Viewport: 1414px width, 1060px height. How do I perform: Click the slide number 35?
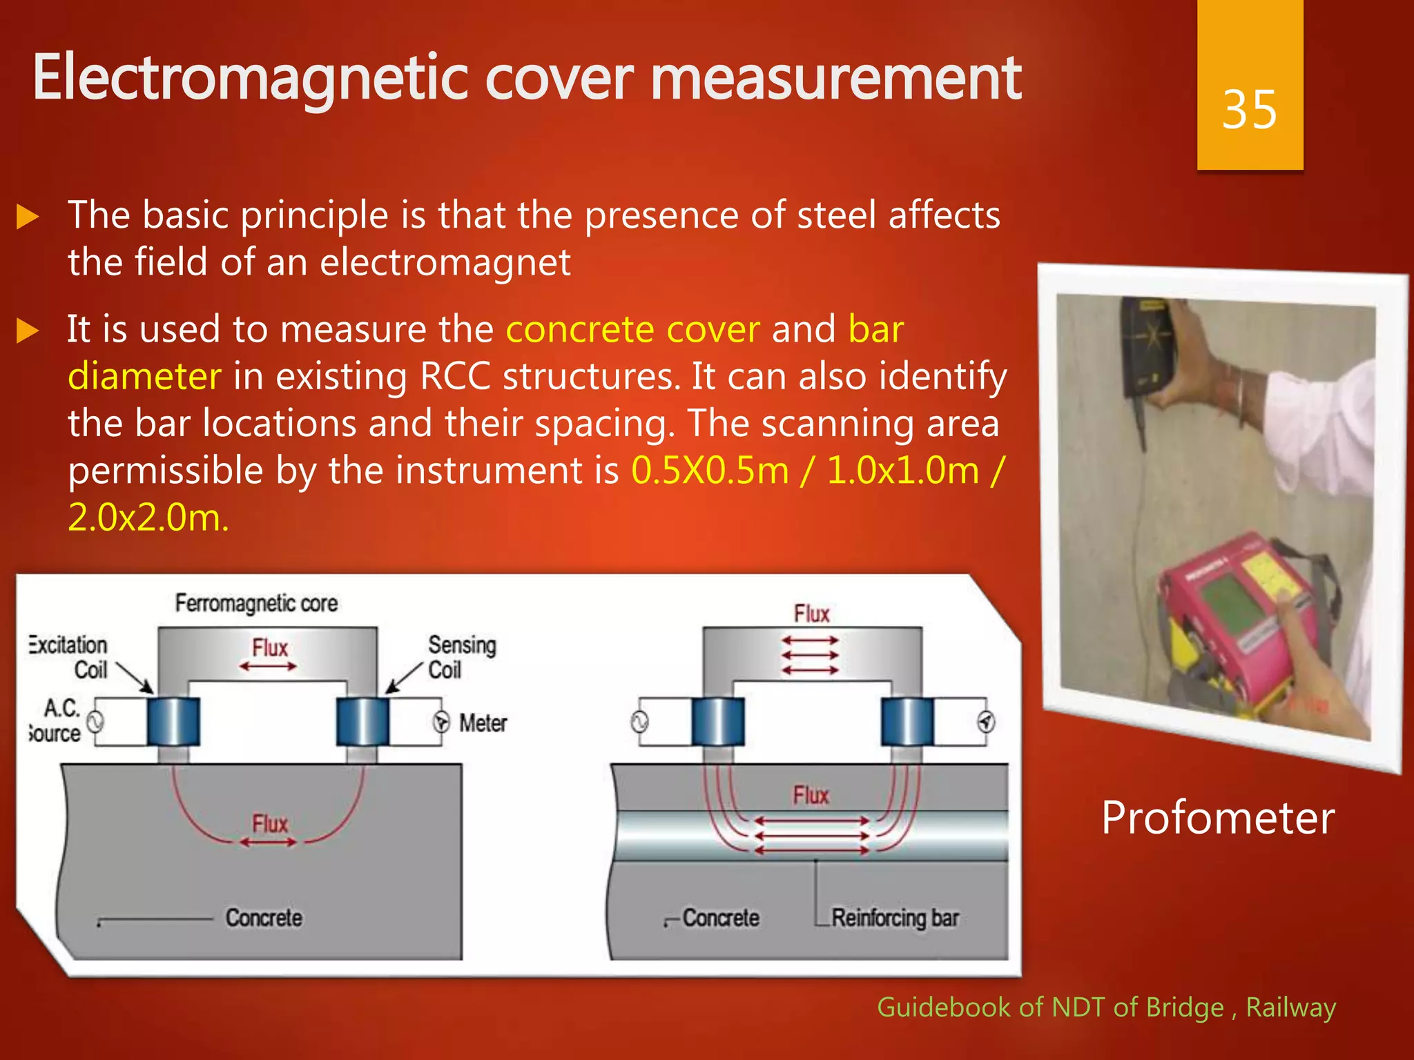[x=1249, y=110]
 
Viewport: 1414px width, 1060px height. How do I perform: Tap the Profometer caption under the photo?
[x=1217, y=818]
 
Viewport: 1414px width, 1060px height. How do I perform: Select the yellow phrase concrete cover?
[x=632, y=329]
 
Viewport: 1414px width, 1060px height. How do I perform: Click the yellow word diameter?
[x=144, y=377]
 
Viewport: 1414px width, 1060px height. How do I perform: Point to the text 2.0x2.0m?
[x=148, y=518]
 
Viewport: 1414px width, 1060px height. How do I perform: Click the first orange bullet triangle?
[x=28, y=217]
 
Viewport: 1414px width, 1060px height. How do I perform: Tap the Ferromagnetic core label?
[x=256, y=603]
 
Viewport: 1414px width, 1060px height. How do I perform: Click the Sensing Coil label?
[x=461, y=657]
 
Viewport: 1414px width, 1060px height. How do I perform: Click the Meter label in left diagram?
[x=483, y=723]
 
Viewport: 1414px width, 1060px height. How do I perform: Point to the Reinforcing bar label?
[x=895, y=918]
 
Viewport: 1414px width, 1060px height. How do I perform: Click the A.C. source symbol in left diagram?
[x=95, y=723]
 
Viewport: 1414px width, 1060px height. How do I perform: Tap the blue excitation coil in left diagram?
[x=173, y=721]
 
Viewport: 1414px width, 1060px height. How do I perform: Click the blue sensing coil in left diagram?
[x=362, y=721]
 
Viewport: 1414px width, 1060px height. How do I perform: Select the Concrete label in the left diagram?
[x=264, y=918]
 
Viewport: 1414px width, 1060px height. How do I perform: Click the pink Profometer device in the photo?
[x=1236, y=607]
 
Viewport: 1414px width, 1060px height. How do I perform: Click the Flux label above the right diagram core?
[x=811, y=614]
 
